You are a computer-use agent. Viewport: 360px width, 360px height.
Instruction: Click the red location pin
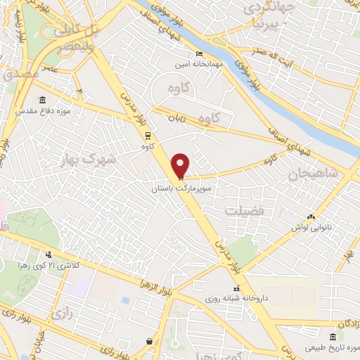tap(181, 166)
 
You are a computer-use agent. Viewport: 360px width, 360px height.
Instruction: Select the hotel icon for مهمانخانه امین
tap(199, 53)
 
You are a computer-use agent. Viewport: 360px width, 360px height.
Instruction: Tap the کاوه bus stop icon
tap(148, 136)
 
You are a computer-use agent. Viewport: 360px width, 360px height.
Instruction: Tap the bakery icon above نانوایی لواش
tap(311, 217)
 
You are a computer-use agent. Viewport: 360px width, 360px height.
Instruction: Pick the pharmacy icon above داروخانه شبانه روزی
tap(237, 288)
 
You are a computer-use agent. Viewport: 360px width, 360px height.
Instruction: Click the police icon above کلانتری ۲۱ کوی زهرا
tap(49, 255)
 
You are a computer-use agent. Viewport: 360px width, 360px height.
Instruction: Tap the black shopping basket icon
tap(149, 342)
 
